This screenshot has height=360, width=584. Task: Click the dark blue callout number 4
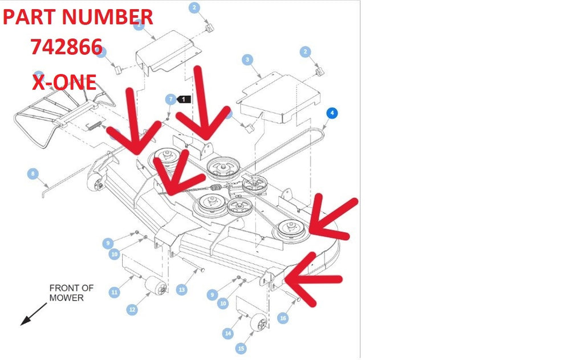[332, 113]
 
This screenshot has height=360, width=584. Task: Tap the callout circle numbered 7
[171, 99]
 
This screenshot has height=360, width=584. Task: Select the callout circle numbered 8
[33, 173]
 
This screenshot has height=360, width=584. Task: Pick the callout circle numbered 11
[114, 292]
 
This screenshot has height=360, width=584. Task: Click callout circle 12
[132, 309]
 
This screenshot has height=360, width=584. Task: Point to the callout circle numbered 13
[181, 290]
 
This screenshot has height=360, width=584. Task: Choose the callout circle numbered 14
[228, 333]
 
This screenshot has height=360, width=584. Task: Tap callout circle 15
[241, 349]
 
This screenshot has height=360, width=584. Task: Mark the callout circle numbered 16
[283, 318]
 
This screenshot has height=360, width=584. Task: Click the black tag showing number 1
[184, 99]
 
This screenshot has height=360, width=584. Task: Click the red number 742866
[67, 47]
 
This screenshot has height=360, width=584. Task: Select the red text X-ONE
[64, 82]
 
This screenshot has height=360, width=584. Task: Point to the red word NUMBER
[108, 17]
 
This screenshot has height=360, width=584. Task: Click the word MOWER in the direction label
[66, 298]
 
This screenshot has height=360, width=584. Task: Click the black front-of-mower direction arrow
[34, 314]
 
